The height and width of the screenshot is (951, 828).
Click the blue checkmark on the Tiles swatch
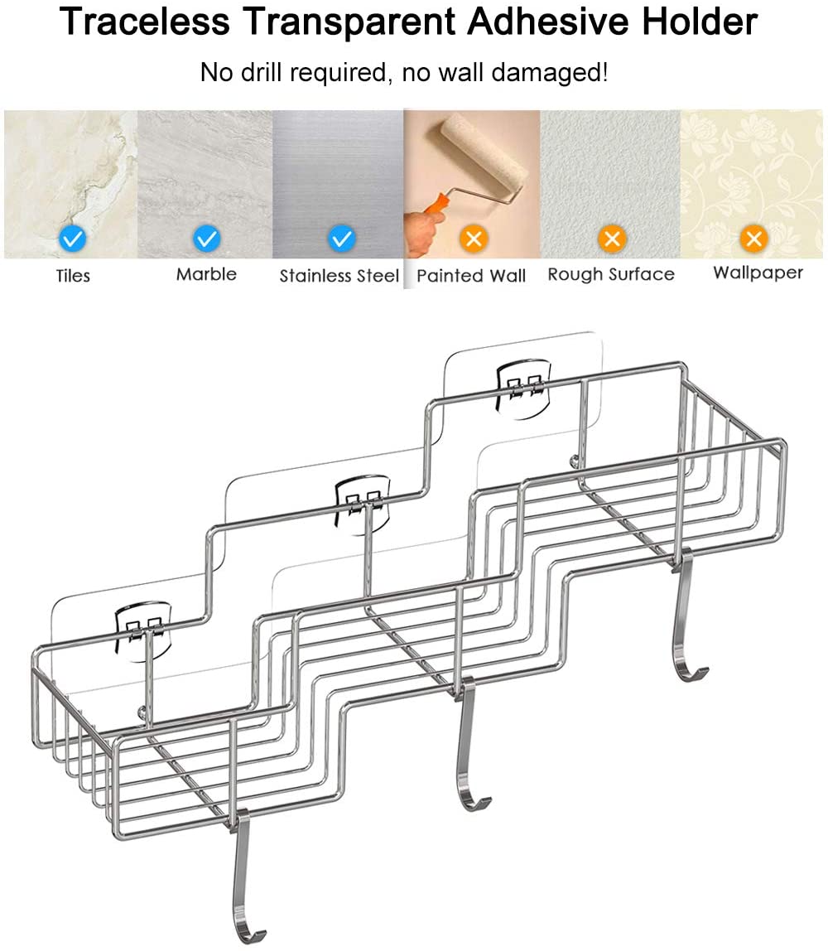pyautogui.click(x=73, y=238)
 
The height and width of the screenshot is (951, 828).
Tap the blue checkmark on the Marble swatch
pyautogui.click(x=207, y=238)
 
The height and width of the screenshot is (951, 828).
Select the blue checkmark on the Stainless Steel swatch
pyautogui.click(x=341, y=238)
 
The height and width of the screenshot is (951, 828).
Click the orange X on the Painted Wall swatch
pyautogui.click(x=474, y=238)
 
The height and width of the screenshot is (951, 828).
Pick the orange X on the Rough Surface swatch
pyautogui.click(x=612, y=238)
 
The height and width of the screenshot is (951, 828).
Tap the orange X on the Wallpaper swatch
pyautogui.click(x=754, y=238)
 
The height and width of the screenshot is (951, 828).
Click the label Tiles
pyautogui.click(x=73, y=276)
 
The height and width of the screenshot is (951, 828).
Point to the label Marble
pyautogui.click(x=206, y=274)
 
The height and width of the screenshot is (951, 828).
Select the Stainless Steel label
pyautogui.click(x=339, y=276)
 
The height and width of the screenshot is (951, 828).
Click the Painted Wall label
pyautogui.click(x=471, y=276)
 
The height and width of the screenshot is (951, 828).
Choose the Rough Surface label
pyautogui.click(x=611, y=274)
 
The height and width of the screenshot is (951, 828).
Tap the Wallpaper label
pyautogui.click(x=758, y=273)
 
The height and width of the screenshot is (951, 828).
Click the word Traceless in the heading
pyautogui.click(x=145, y=22)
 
